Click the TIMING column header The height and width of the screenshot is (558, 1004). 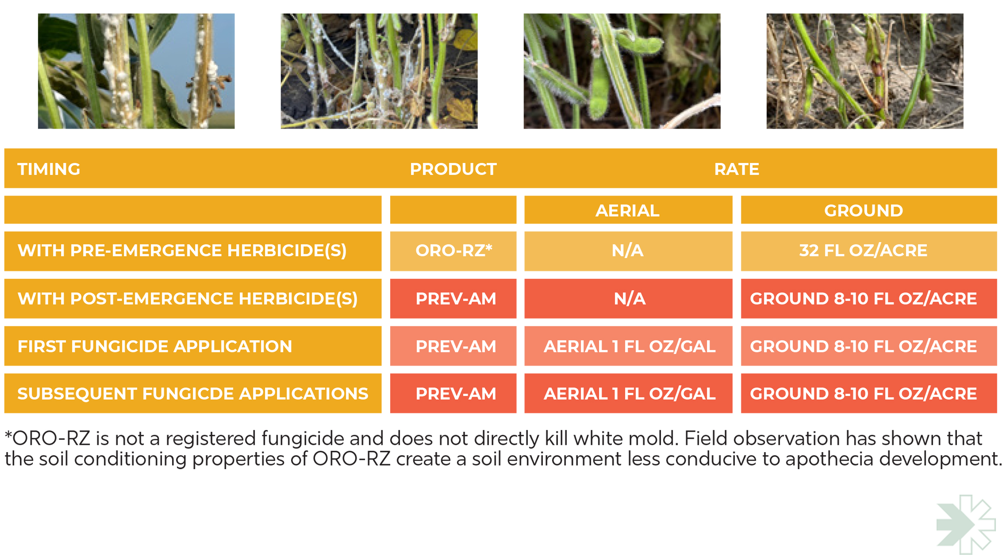tap(49, 169)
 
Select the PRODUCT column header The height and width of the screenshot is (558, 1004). tap(453, 169)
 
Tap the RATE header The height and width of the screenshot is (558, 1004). tap(736, 169)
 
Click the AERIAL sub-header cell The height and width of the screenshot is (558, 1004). tap(628, 210)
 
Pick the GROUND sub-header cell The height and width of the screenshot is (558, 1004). tap(869, 210)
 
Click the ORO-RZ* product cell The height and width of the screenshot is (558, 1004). tap(453, 251)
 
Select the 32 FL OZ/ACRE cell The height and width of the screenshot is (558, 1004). tap(869, 251)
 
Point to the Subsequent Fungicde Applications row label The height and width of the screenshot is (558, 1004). tap(193, 394)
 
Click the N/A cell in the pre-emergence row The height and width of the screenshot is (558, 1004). tap(628, 251)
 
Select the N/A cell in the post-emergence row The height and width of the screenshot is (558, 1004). tap(628, 299)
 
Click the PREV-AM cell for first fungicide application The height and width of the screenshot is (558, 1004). tap(453, 346)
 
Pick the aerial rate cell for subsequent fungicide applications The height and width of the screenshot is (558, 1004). tap(628, 394)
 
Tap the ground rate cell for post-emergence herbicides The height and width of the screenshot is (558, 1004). tap(869, 299)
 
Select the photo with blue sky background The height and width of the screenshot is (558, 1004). tap(136, 71)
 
